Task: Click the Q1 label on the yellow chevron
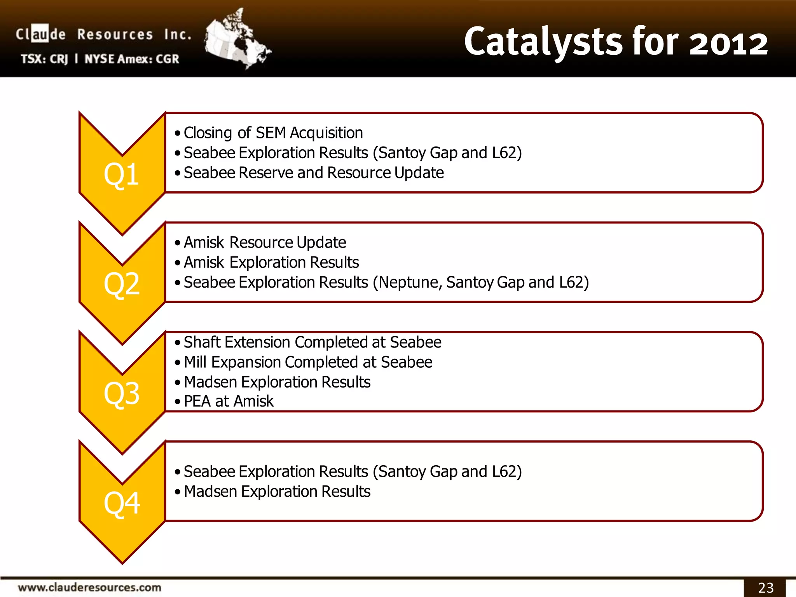[x=121, y=175]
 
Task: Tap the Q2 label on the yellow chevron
[x=121, y=284]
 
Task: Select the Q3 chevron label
[x=121, y=394]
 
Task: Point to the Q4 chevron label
[x=121, y=503]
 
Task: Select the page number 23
[x=765, y=587]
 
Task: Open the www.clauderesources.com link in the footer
[x=89, y=587]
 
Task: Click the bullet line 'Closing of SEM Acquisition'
[x=273, y=133]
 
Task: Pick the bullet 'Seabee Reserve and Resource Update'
[x=313, y=173]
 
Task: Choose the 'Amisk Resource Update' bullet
[x=264, y=243]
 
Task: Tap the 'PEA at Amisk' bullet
[x=229, y=401]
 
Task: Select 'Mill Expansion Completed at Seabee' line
[x=308, y=362]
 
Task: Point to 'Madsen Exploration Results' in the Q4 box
[x=277, y=492]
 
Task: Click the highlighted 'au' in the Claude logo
[x=40, y=34]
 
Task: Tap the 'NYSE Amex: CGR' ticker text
[x=132, y=59]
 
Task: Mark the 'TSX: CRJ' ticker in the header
[x=44, y=59]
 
